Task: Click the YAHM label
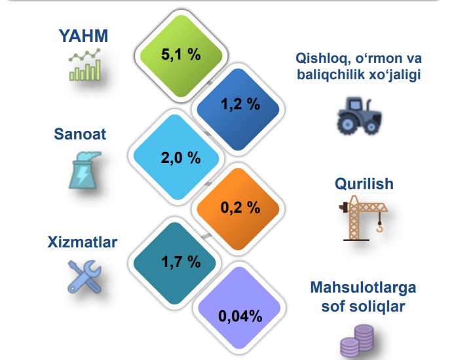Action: [83, 36]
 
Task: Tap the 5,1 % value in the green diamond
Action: [181, 54]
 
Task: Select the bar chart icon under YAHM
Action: [85, 65]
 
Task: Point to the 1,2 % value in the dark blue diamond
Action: [240, 104]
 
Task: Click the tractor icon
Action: [359, 117]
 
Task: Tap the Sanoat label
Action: [80, 134]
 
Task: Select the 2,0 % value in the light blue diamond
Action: [181, 158]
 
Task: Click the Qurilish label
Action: [364, 184]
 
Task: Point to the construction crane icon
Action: [363, 218]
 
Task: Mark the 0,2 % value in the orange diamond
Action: [240, 207]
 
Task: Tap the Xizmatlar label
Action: [83, 242]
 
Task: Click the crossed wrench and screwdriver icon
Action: [85, 277]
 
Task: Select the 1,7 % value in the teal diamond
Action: [181, 262]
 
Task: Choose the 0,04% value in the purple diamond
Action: [240, 316]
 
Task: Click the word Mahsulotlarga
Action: [363, 287]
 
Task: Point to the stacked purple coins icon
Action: [357, 342]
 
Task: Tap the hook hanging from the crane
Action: [379, 226]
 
